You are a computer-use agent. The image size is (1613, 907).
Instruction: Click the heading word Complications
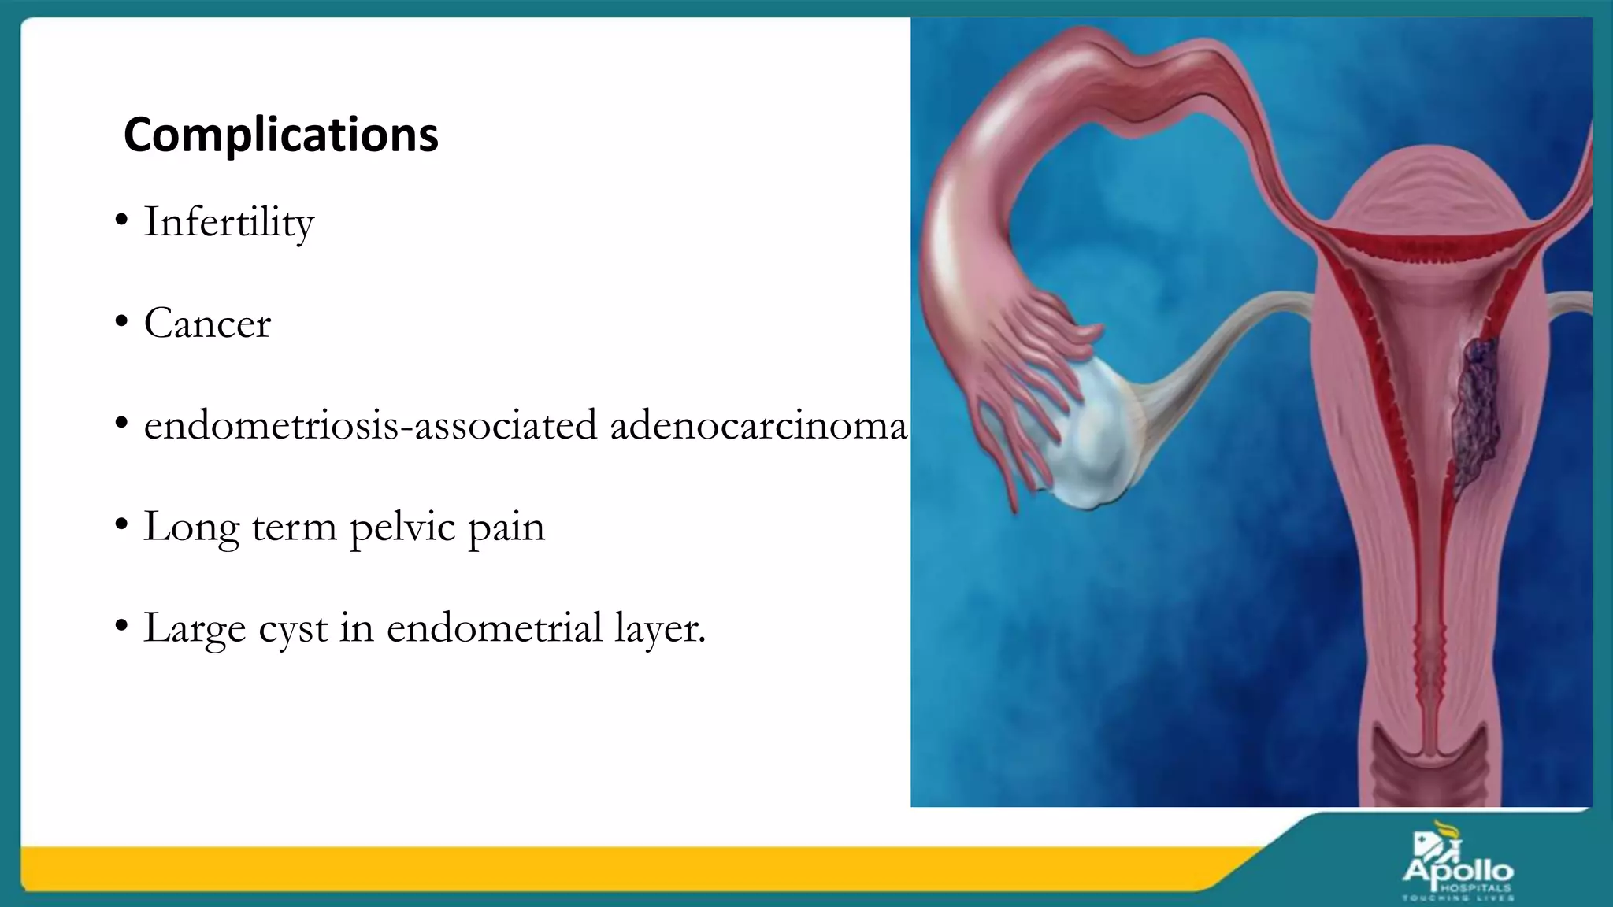pyautogui.click(x=280, y=135)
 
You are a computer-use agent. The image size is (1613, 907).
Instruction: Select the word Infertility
pyautogui.click(x=228, y=223)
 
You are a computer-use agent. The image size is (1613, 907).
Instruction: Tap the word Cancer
pyautogui.click(x=207, y=324)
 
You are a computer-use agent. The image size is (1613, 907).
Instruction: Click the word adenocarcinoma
pyautogui.click(x=758, y=426)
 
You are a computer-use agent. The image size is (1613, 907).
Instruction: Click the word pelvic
pyautogui.click(x=402, y=528)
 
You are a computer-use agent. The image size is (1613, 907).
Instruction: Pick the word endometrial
pyautogui.click(x=495, y=628)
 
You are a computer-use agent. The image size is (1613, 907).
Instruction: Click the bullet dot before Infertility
pyautogui.click(x=121, y=220)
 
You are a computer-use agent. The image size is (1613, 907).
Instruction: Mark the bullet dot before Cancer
pyautogui.click(x=121, y=322)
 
